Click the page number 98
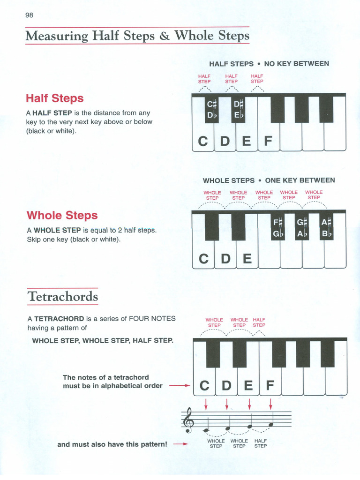30,15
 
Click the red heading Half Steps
55,98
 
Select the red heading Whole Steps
62,216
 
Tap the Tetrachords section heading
63,297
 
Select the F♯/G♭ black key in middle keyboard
278,227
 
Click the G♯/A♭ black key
301,227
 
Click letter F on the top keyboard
268,141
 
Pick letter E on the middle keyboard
247,259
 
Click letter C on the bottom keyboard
204,386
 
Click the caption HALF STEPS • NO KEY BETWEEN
269,64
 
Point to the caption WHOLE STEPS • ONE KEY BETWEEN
269,180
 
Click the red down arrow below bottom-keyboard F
270,403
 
